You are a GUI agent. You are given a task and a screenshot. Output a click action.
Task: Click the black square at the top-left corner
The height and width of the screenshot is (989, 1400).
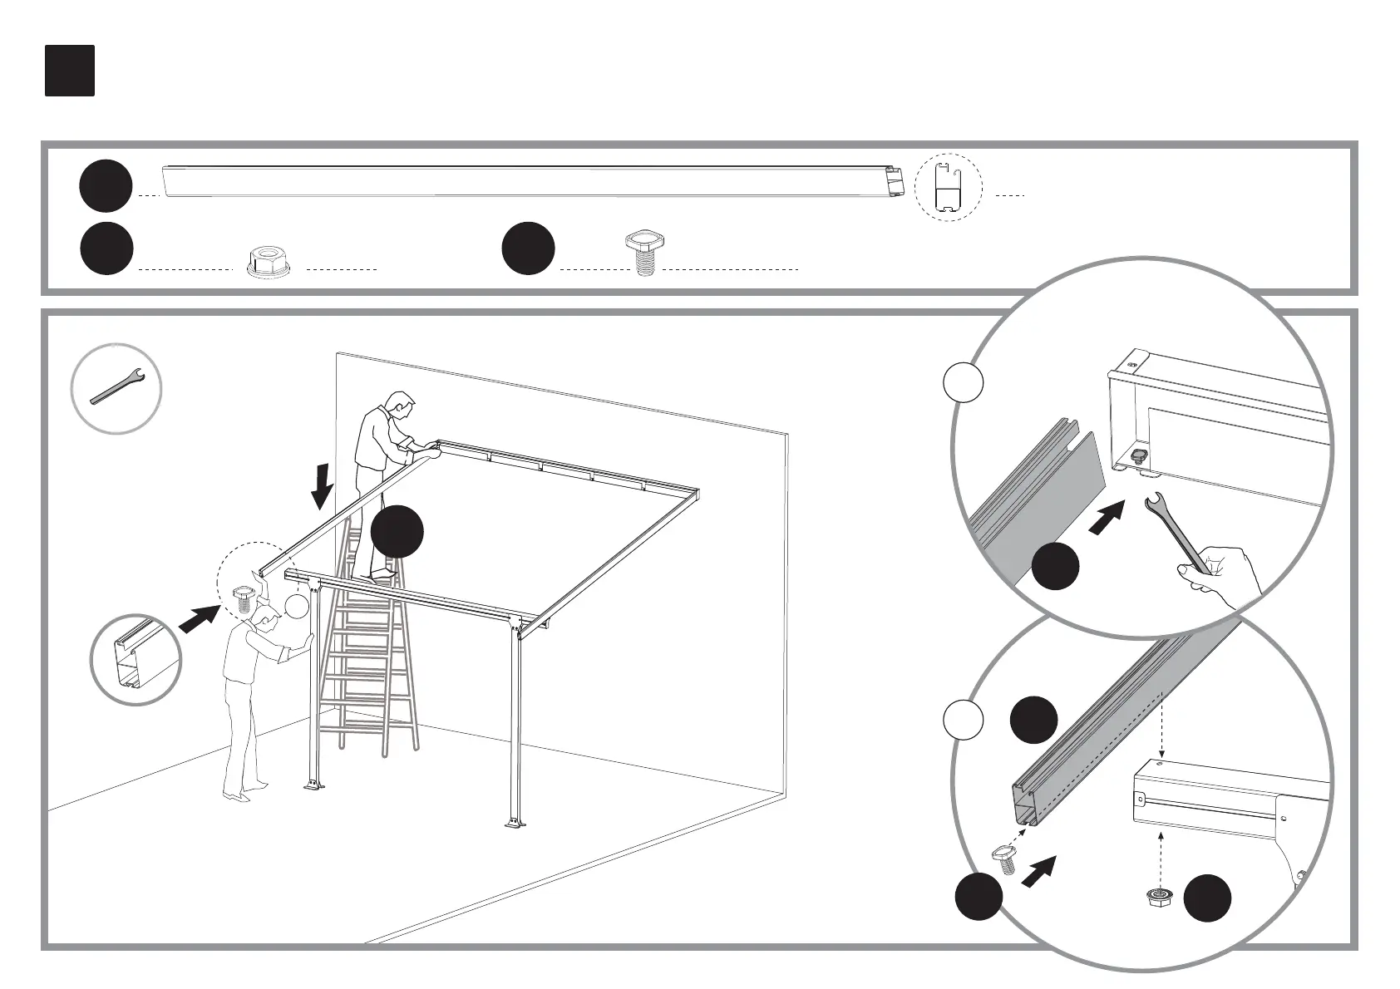click(70, 71)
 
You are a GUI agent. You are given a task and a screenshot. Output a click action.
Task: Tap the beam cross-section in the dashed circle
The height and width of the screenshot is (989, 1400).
click(948, 187)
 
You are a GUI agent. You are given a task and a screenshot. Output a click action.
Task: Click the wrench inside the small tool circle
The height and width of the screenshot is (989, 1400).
click(117, 388)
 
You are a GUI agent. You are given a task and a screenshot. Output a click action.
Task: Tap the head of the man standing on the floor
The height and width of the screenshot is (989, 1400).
click(265, 616)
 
